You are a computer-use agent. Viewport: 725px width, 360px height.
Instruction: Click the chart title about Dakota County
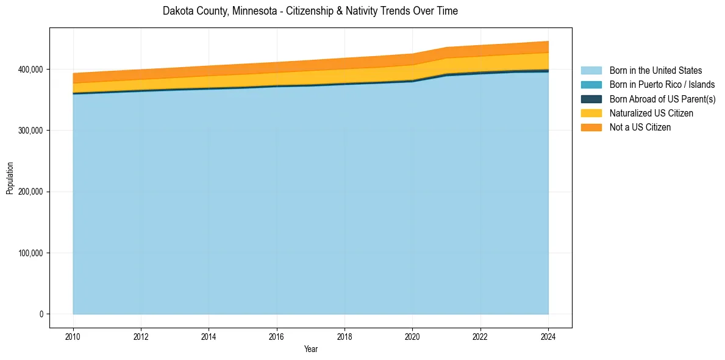[310, 11]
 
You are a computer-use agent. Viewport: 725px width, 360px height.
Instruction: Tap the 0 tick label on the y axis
[42, 314]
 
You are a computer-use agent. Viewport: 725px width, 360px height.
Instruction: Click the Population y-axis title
[10, 178]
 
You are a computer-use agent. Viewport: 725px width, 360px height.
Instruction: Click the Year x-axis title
[310, 350]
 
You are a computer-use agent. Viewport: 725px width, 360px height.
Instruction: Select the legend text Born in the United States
[655, 71]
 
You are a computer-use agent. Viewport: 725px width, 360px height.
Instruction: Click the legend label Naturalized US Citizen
[651, 113]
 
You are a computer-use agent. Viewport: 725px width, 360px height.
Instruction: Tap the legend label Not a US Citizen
[640, 128]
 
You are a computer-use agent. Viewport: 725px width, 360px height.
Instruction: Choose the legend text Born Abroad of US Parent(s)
[662, 99]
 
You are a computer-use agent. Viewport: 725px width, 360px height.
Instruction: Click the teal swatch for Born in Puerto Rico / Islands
[591, 85]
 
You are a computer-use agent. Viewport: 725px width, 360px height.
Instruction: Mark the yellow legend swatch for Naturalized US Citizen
[591, 113]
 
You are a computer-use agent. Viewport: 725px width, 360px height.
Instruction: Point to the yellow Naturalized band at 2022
[480, 64]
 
